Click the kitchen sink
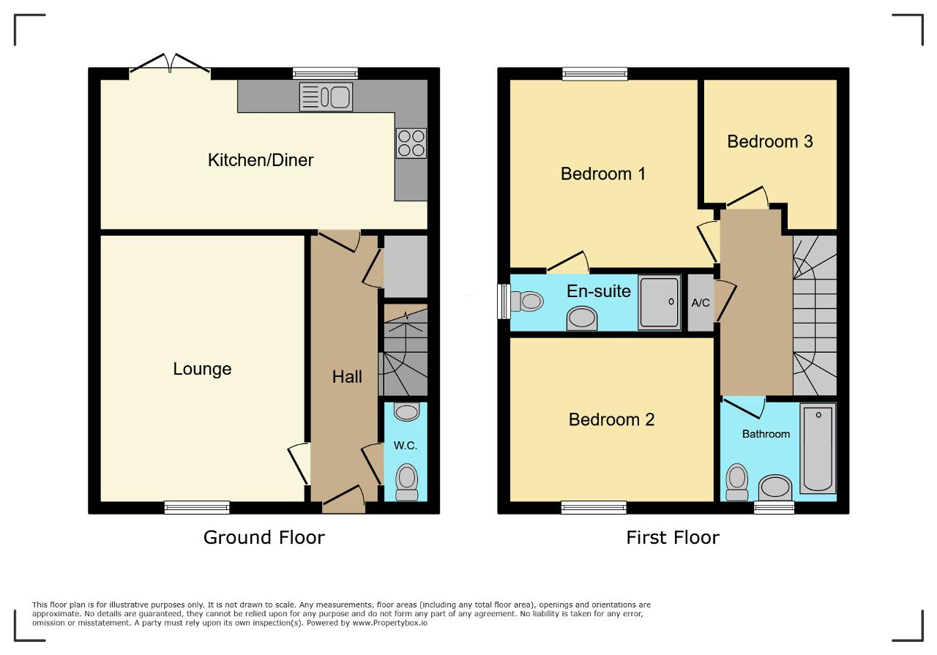pyautogui.click(x=326, y=97)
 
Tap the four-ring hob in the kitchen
pyautogui.click(x=411, y=143)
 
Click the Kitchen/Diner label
pyautogui.click(x=261, y=160)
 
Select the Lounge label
pyautogui.click(x=202, y=369)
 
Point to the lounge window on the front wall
pyautogui.click(x=197, y=507)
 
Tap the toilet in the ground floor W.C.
pyautogui.click(x=406, y=482)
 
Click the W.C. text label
pyautogui.click(x=406, y=446)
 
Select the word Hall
pyautogui.click(x=347, y=377)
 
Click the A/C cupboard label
pyautogui.click(x=701, y=302)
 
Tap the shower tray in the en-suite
pyautogui.click(x=660, y=302)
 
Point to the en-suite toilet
pyautogui.click(x=526, y=301)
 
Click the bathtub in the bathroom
pyautogui.click(x=818, y=448)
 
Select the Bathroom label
pyautogui.click(x=766, y=434)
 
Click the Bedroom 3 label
pyautogui.click(x=770, y=141)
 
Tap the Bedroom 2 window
pyautogui.click(x=594, y=507)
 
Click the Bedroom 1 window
pyautogui.click(x=595, y=74)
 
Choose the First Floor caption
pyautogui.click(x=673, y=537)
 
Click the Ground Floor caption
pyautogui.click(x=264, y=537)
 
